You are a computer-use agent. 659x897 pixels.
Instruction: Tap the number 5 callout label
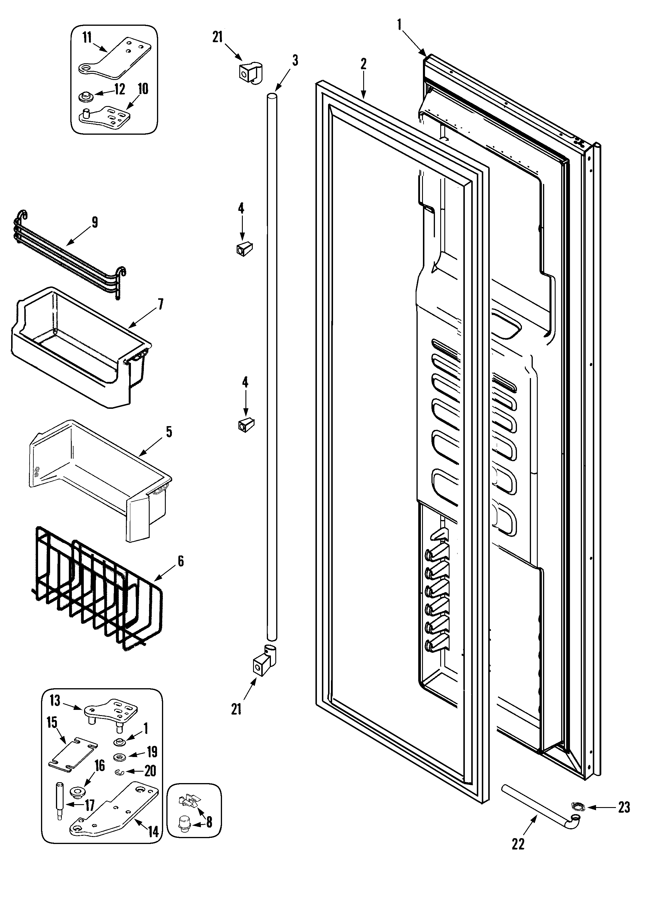169,432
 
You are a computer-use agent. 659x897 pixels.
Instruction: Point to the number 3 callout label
295,61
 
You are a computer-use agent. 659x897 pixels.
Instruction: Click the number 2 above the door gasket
363,64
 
